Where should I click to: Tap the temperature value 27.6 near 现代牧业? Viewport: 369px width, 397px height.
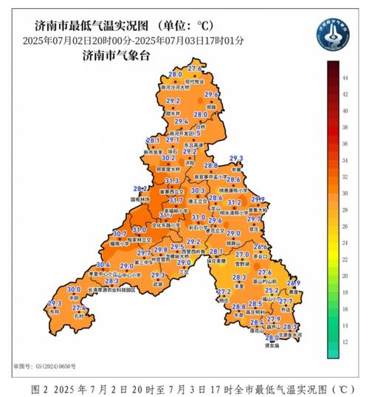coord(195,69)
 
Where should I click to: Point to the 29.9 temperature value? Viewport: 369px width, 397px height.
coord(258,200)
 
